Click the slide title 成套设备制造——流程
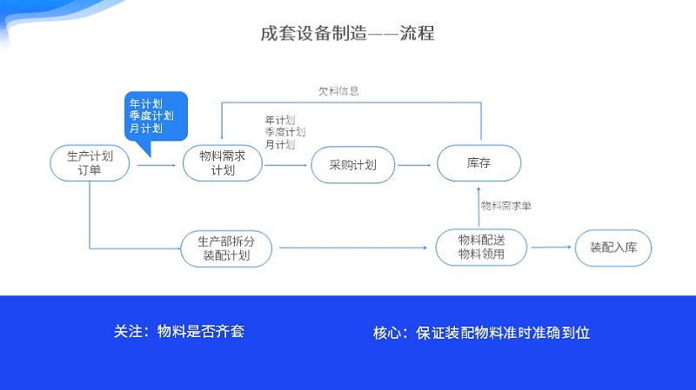pyautogui.click(x=348, y=35)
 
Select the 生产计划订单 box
pyautogui.click(x=90, y=163)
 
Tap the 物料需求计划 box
pyautogui.click(x=223, y=163)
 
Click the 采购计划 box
pyautogui.click(x=352, y=164)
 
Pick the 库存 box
pyautogui.click(x=479, y=162)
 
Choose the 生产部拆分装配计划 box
pyautogui.click(x=226, y=248)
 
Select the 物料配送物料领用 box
pyautogui.click(x=481, y=248)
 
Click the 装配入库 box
pyautogui.click(x=613, y=248)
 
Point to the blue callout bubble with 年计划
pyautogui.click(x=157, y=116)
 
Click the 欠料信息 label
pyautogui.click(x=338, y=90)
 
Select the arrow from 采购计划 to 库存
pyautogui.click(x=415, y=164)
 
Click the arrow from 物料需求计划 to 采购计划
pyautogui.click(x=286, y=164)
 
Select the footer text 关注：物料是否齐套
pyautogui.click(x=178, y=332)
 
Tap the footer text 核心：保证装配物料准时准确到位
pyautogui.click(x=481, y=332)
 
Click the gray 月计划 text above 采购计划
pyautogui.click(x=280, y=144)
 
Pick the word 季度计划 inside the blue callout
pyautogui.click(x=151, y=116)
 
